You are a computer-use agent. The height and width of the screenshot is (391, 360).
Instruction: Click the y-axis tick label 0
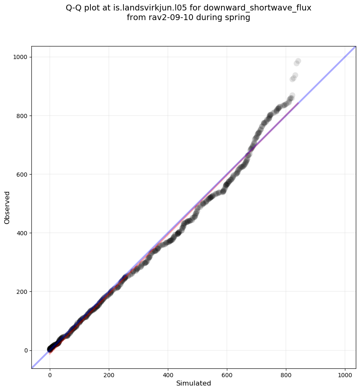coord(26,350)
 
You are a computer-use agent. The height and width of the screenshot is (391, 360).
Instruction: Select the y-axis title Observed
coord(7,207)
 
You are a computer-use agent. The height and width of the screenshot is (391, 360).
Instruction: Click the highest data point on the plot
coord(298,61)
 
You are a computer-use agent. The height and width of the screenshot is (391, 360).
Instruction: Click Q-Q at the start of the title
coord(74,8)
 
